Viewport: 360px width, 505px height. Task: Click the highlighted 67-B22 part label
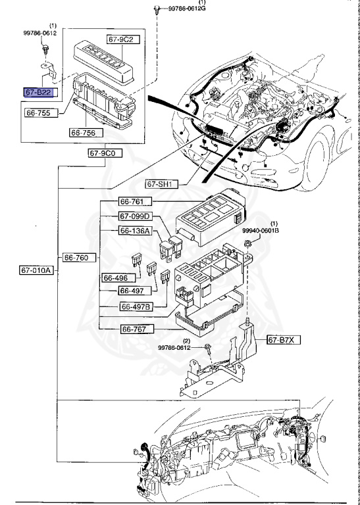point(39,93)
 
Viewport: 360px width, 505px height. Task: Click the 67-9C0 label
point(103,153)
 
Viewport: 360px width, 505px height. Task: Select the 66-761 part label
point(135,201)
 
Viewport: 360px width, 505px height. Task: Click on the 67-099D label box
point(135,216)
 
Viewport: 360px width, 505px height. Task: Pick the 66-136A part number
point(135,231)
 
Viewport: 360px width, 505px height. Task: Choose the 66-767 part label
point(136,328)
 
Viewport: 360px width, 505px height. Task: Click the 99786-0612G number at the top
point(187,9)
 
